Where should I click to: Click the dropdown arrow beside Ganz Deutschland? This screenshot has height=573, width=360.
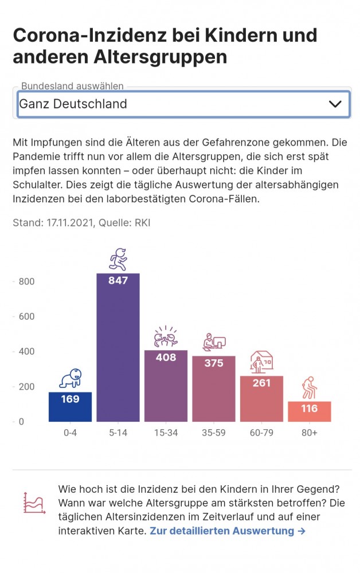(x=335, y=104)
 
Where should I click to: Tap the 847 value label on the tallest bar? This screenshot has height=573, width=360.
(x=118, y=280)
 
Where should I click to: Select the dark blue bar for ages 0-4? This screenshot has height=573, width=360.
(x=70, y=407)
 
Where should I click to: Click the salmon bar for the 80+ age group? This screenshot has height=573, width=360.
(x=309, y=411)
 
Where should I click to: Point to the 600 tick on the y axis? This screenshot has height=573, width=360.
(x=27, y=316)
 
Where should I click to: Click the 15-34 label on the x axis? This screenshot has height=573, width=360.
(x=166, y=433)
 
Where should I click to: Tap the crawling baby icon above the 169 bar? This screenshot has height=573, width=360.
(x=71, y=378)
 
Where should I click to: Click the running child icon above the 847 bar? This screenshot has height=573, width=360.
(x=118, y=259)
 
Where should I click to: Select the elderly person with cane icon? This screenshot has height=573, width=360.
(x=309, y=387)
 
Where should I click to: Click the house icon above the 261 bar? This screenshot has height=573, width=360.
(x=261, y=362)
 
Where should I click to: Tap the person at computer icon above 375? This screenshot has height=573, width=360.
(x=214, y=342)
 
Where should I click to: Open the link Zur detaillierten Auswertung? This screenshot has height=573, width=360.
(x=228, y=531)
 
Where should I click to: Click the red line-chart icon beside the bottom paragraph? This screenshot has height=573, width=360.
(x=34, y=503)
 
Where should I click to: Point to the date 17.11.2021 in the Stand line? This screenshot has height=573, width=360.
(x=70, y=222)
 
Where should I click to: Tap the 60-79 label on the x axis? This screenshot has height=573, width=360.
(x=261, y=433)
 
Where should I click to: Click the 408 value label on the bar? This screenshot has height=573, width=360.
(x=166, y=357)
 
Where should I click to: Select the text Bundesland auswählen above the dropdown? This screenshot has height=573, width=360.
(x=72, y=87)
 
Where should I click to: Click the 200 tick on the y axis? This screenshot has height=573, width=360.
(x=27, y=387)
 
